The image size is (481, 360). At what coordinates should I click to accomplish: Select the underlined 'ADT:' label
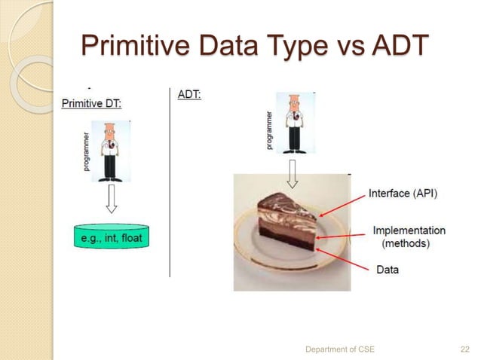(x=189, y=96)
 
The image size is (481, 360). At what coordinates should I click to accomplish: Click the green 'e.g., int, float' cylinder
(x=112, y=239)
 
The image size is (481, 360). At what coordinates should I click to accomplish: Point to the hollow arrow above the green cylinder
(x=112, y=201)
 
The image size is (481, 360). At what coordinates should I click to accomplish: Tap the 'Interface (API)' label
(x=403, y=194)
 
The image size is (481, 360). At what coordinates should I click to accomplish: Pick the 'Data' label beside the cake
(x=388, y=269)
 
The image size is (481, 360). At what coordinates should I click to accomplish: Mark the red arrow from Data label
(x=347, y=255)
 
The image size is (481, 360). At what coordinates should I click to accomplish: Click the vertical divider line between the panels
(x=170, y=181)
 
